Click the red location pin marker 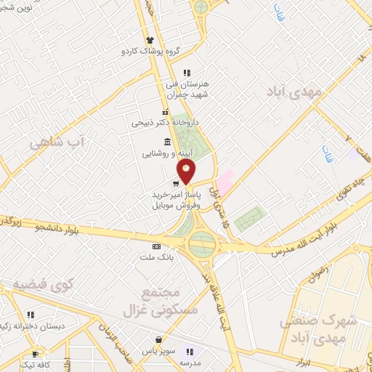(187, 172)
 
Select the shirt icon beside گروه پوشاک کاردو (150, 40)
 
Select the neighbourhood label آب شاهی (58, 142)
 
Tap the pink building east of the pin (225, 181)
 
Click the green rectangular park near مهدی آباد (251, 218)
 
